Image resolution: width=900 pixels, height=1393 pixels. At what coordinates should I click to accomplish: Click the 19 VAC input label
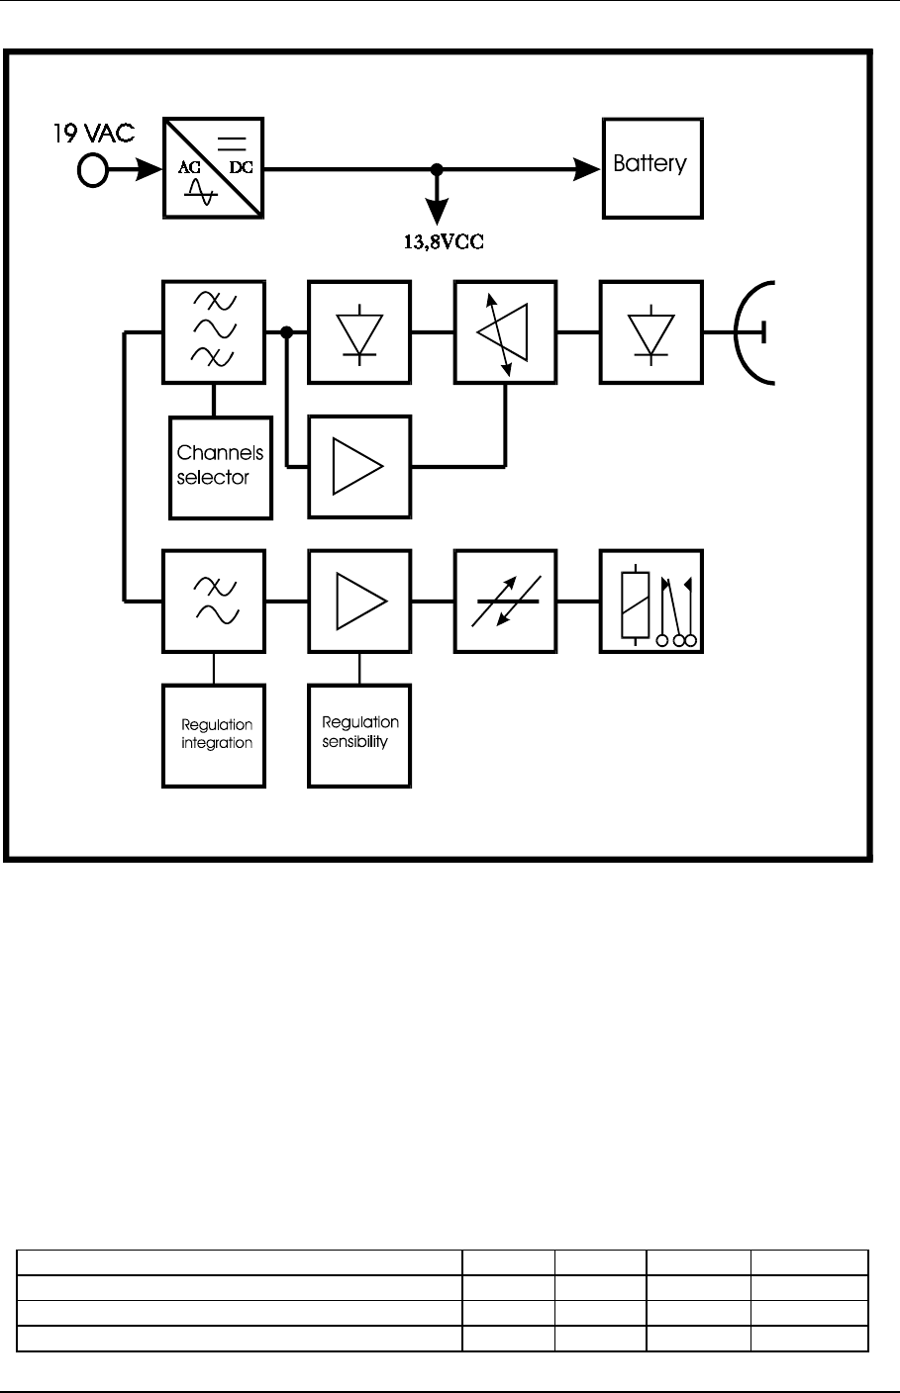click(x=93, y=133)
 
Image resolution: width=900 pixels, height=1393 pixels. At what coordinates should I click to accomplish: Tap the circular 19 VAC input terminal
click(x=92, y=170)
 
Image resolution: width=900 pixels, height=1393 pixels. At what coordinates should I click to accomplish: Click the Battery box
click(x=652, y=168)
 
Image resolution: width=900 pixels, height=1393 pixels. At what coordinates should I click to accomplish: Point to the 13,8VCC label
click(x=436, y=240)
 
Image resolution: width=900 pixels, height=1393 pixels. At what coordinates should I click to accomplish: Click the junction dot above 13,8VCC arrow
click(x=436, y=169)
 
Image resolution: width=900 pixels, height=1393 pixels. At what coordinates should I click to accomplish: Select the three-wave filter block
click(x=213, y=332)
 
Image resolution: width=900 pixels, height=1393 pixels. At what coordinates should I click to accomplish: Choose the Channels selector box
click(x=221, y=467)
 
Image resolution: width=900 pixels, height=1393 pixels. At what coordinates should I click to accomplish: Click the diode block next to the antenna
click(x=650, y=332)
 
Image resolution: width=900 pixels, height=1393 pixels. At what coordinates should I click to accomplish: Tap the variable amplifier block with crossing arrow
click(x=505, y=332)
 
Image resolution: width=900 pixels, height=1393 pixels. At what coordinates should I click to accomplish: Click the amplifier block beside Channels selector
click(x=358, y=466)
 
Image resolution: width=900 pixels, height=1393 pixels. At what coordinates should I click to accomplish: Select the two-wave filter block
click(x=213, y=601)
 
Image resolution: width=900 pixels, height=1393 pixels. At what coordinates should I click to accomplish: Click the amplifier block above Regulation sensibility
click(x=358, y=601)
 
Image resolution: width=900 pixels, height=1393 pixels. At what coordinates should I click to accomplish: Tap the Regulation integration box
click(x=213, y=735)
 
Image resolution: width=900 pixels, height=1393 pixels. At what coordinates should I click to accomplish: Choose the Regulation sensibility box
click(x=358, y=735)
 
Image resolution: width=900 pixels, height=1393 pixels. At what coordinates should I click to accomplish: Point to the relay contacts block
click(x=650, y=601)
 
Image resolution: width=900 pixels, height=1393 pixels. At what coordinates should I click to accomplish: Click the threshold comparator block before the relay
click(x=505, y=601)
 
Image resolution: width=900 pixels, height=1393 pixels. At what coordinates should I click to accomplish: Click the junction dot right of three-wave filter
click(x=286, y=332)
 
